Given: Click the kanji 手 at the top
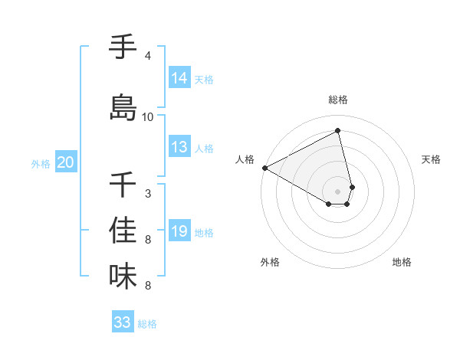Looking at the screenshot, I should click(123, 47).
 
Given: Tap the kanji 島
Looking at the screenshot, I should click(123, 107).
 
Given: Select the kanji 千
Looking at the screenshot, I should click(123, 185).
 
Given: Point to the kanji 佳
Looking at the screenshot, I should click(123, 231).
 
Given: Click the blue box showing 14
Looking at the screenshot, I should click(179, 78).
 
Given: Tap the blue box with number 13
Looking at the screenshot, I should click(179, 148).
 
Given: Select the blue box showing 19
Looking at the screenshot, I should click(179, 231).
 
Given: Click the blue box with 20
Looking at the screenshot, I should click(66, 162).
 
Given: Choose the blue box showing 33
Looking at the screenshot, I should click(123, 322).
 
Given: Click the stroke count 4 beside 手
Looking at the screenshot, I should click(148, 56).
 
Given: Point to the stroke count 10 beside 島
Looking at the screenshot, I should click(148, 117).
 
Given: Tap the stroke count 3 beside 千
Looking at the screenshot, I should click(148, 194).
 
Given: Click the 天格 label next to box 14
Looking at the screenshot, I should click(204, 80).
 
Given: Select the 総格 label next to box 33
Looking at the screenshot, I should click(147, 324).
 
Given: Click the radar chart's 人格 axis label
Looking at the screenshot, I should click(245, 159).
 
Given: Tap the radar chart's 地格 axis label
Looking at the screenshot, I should click(402, 262).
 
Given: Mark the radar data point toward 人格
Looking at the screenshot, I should click(264, 168).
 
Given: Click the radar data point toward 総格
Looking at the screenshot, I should click(338, 130).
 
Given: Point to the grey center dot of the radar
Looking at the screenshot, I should click(338, 191).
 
